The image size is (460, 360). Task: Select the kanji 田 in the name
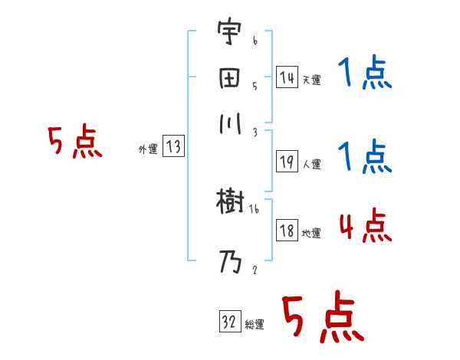228,80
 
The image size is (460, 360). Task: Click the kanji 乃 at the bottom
228,263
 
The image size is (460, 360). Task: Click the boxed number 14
287,77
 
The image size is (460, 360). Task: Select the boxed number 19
287,162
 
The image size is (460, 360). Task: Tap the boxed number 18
287,231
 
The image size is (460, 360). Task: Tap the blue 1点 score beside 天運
365,75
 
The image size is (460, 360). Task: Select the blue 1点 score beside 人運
365,158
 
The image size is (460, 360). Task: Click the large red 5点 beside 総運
322,318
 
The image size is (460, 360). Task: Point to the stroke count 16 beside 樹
255,208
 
